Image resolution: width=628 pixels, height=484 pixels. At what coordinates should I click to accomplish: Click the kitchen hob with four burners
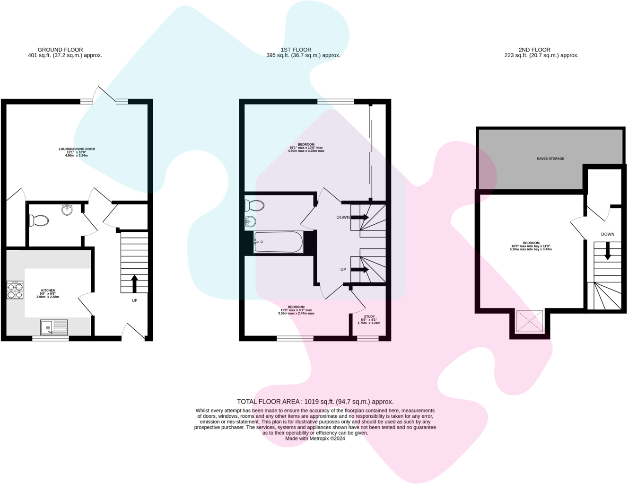[15, 290]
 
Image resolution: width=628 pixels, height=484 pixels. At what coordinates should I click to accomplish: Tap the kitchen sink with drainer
[54, 327]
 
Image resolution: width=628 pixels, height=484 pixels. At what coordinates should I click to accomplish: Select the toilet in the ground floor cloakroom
[39, 220]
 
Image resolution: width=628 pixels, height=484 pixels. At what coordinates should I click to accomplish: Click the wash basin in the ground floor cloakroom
[67, 210]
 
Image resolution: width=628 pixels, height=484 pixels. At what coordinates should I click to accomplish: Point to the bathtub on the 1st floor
[278, 242]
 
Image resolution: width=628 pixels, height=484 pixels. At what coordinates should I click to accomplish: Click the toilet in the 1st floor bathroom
[254, 205]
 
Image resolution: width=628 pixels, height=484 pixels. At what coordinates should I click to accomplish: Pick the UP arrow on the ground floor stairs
[134, 283]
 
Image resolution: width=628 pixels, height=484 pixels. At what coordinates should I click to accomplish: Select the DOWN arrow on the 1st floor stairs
[359, 217]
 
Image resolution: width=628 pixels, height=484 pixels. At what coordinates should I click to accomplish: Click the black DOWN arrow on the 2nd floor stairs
[608, 251]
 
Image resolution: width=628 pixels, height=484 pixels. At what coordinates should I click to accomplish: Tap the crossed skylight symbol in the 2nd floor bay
[530, 321]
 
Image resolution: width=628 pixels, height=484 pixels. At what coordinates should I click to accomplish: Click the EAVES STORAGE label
[550, 158]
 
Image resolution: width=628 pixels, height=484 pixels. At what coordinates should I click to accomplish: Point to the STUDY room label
[369, 317]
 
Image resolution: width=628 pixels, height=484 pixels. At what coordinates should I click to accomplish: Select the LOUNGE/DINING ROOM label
[77, 149]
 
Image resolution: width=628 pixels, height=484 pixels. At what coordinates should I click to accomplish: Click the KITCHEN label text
[48, 290]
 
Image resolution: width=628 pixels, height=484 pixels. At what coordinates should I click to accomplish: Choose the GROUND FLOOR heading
[60, 50]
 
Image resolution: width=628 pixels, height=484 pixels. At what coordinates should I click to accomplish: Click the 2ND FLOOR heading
[534, 50]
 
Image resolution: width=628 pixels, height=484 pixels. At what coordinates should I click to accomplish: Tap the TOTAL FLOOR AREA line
[315, 402]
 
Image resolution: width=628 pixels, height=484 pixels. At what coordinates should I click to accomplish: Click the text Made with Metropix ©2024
[315, 439]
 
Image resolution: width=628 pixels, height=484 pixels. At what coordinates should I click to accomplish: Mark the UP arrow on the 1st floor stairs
[359, 270]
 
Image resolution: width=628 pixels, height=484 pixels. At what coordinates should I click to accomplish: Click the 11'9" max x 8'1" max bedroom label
[296, 310]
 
